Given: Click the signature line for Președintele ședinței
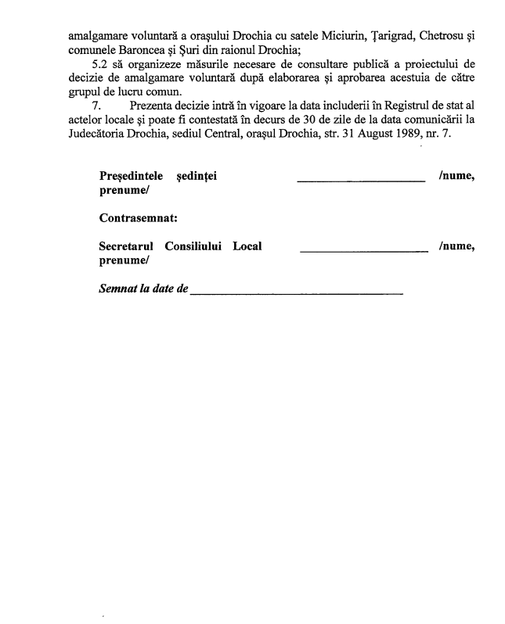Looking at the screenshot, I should tap(361, 181).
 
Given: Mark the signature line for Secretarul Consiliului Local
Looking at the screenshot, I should tap(364, 250).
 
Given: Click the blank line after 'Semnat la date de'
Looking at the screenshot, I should tap(297, 293).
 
